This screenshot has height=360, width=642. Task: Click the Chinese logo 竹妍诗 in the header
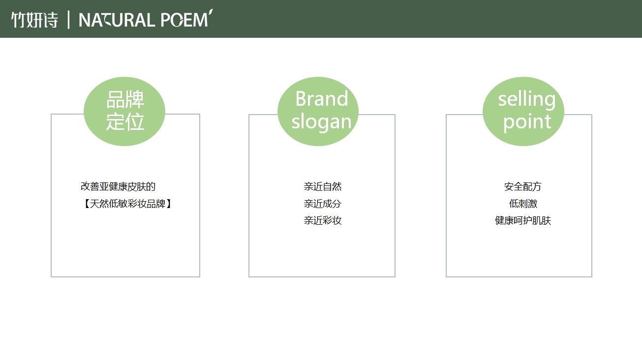coord(34,20)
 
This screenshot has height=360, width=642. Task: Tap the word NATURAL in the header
coord(117,20)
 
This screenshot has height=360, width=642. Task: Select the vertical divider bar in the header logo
coord(68,20)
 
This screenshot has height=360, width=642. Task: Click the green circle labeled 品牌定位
coord(124,111)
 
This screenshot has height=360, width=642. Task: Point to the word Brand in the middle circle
coord(322,99)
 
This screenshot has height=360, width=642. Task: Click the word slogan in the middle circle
coord(321,122)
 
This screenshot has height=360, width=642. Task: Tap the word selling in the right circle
coord(527,99)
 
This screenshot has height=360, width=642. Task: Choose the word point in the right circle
coord(527,122)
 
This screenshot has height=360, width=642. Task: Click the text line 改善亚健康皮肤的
coord(118,186)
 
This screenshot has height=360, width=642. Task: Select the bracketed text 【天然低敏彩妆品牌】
coord(127,204)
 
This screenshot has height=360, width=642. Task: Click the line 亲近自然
coord(322,186)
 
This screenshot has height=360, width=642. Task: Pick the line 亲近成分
coord(322,204)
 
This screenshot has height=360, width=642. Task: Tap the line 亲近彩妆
coord(322,220)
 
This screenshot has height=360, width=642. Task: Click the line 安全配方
coord(522,186)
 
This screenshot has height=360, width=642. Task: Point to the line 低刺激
coord(523,204)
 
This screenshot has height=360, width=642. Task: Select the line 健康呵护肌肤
coord(523,220)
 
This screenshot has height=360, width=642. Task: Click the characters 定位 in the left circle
coord(125,122)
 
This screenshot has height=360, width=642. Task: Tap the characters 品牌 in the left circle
coord(125,99)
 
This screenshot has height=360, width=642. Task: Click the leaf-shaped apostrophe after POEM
coord(210,13)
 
